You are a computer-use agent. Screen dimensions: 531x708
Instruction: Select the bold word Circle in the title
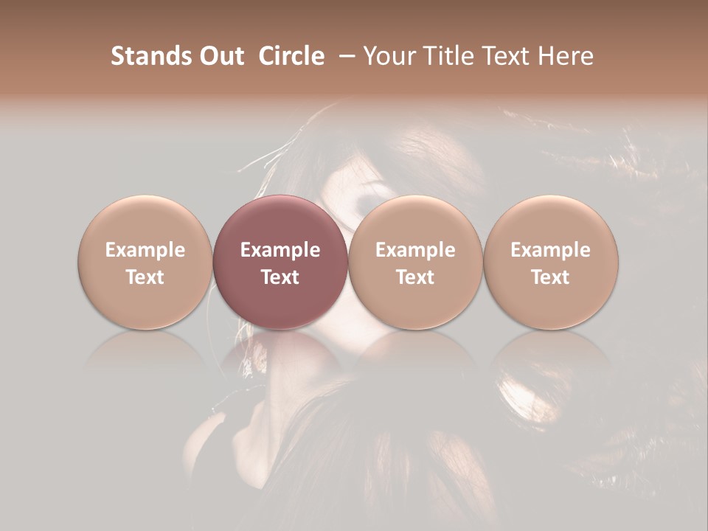291,56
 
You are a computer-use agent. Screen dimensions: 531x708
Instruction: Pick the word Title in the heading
443,56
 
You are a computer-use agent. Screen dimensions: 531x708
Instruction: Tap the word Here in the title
564,56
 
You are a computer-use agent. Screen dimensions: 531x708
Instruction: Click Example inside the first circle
145,250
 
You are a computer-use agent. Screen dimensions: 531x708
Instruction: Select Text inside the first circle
145,277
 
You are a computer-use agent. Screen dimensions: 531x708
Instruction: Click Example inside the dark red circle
280,250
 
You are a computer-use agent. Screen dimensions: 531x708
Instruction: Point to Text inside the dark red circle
280,277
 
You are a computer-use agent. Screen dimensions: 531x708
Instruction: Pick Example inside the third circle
415,250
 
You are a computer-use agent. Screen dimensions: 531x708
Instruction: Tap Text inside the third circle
415,277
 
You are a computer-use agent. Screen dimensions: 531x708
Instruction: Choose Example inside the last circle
550,250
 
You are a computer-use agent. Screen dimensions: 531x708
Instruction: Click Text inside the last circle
550,277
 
